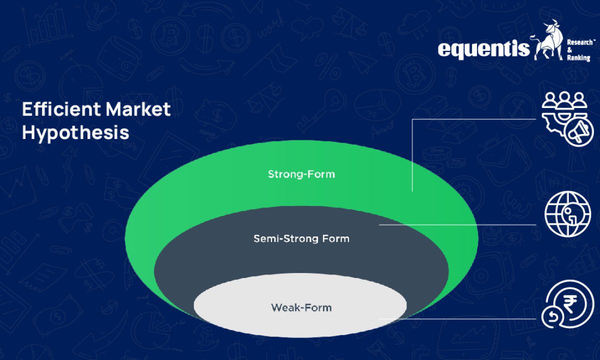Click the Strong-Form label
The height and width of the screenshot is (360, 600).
tap(301, 174)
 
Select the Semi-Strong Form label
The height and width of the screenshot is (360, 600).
tap(301, 238)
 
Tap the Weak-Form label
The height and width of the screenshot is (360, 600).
tap(301, 307)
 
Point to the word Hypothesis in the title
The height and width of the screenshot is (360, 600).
tap(75, 133)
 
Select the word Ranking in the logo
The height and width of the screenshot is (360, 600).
tap(579, 58)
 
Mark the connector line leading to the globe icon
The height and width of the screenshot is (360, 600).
tap(457, 225)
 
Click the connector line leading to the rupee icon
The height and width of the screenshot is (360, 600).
tap(460, 318)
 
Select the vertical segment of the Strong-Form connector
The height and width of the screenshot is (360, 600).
tap(412, 155)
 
